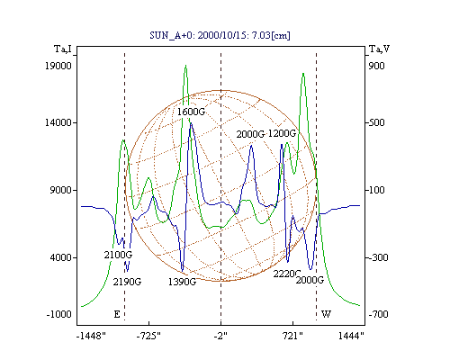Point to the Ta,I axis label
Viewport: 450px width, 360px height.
tap(63, 49)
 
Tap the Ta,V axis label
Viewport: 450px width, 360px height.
tap(380, 49)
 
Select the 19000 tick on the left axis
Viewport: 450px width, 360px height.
tap(58, 66)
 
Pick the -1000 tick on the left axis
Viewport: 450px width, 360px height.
tap(59, 314)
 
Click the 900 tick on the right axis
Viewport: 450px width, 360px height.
tap(376, 66)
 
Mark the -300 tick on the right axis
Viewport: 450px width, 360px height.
tap(378, 257)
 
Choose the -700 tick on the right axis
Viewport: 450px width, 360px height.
tap(378, 314)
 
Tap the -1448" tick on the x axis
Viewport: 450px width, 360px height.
tap(91, 337)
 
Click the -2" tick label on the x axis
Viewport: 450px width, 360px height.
tap(220, 337)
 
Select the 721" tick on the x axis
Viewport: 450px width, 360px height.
tap(292, 337)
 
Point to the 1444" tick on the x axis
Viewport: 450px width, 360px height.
tap(351, 337)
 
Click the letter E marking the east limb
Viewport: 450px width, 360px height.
tap(117, 314)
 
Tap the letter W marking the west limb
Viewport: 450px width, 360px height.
tap(326, 314)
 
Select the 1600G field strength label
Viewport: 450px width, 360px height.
tap(191, 112)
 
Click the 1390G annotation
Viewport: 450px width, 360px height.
tap(182, 282)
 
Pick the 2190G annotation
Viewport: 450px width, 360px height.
tap(127, 282)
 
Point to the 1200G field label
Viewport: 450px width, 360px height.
tap(282, 133)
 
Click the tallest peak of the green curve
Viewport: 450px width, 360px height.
tap(186, 66)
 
